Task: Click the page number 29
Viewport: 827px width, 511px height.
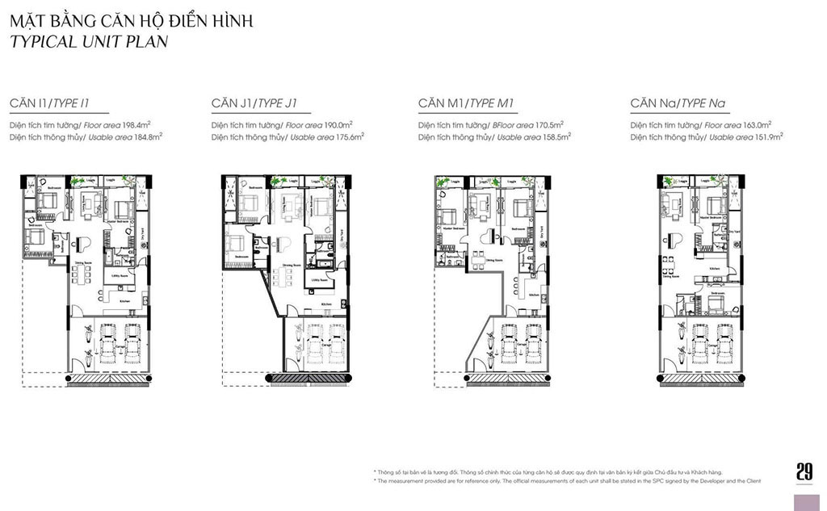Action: (x=804, y=471)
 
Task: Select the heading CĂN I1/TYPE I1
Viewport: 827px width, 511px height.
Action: (x=48, y=103)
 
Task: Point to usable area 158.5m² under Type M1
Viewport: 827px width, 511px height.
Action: (x=556, y=137)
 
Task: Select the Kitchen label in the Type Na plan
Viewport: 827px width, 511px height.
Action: (x=714, y=268)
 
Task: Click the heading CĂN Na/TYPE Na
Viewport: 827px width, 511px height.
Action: (x=677, y=103)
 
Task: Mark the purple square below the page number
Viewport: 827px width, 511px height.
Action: (x=807, y=501)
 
